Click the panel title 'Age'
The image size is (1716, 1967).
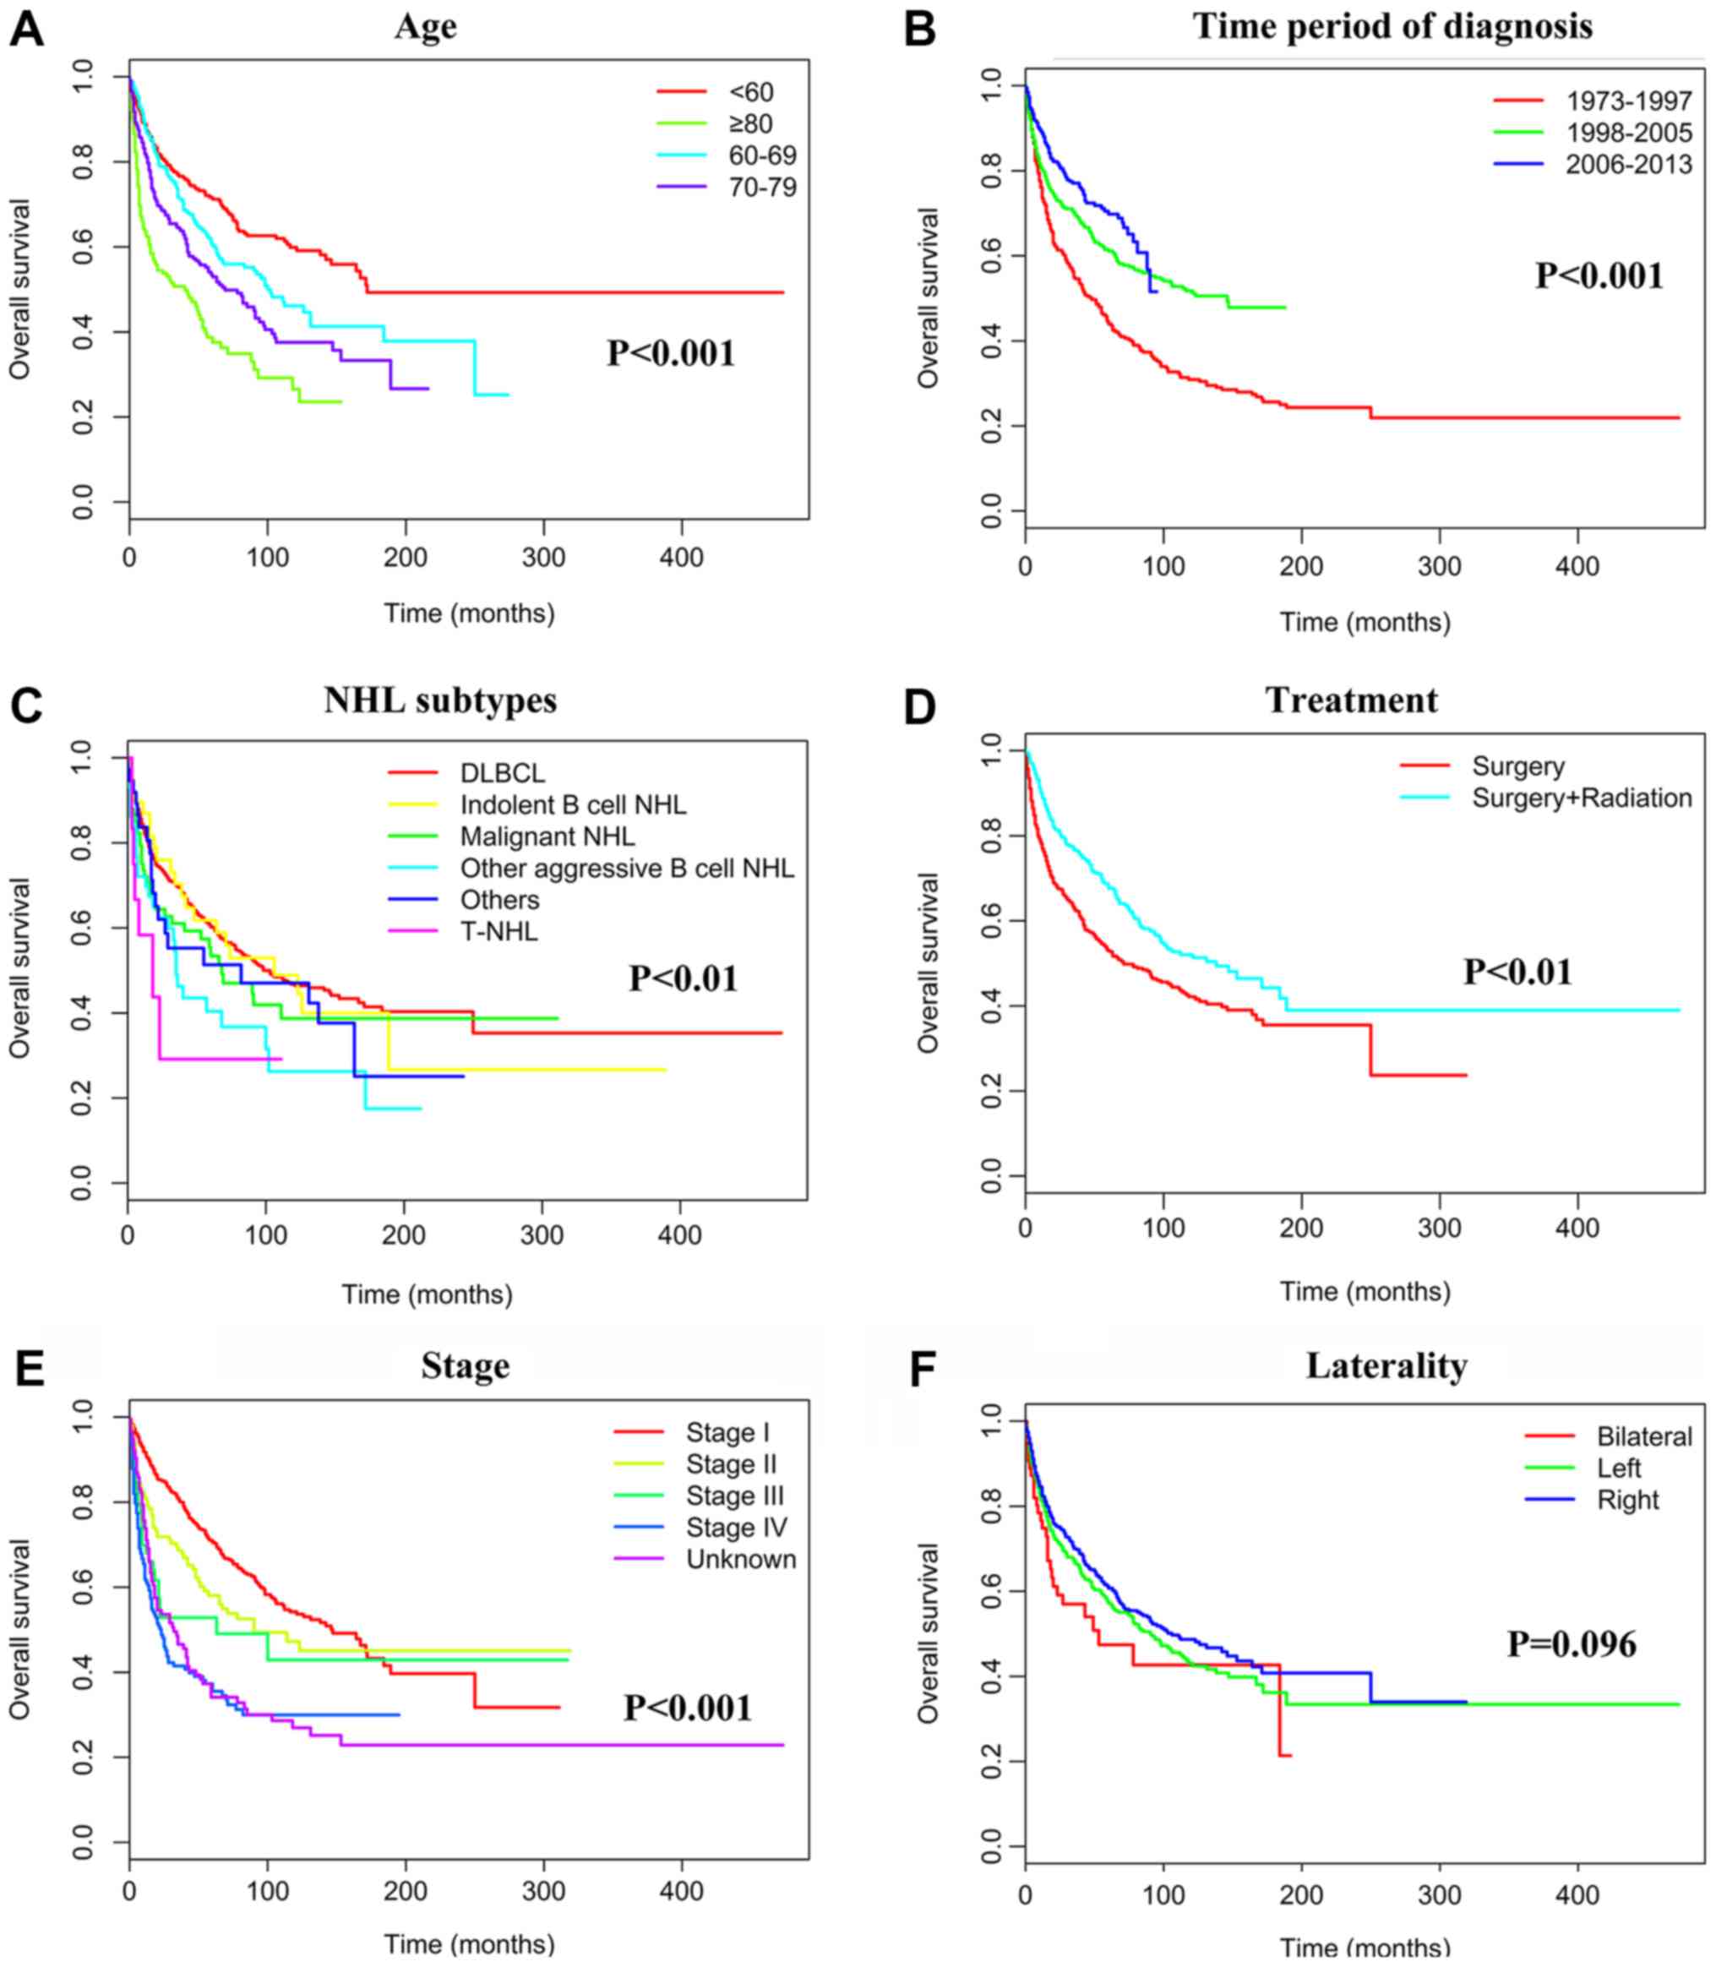coord(425,26)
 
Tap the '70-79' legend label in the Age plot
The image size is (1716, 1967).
coord(762,187)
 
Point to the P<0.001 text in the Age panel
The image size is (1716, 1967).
coord(670,353)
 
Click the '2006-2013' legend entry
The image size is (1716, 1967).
coord(1629,165)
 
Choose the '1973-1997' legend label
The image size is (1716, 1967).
coord(1629,101)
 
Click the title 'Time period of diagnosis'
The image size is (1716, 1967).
coord(1392,26)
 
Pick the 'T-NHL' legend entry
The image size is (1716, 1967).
coord(498,931)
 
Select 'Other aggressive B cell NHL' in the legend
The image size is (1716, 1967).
coord(627,868)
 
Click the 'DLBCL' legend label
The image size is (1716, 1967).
coord(502,773)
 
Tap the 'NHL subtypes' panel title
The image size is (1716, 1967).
coord(440,700)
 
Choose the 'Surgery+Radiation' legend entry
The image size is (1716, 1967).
coord(1582,798)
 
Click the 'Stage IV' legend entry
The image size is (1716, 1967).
coord(737,1528)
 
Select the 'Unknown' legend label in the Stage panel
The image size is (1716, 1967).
coord(741,1559)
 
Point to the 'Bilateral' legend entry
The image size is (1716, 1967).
coord(1644,1436)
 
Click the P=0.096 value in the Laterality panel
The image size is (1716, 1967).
coord(1572,1644)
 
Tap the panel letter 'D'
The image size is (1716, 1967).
coord(920,706)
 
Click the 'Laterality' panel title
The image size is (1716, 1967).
coord(1386,1365)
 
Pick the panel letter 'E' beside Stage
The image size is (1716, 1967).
coord(29,1370)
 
